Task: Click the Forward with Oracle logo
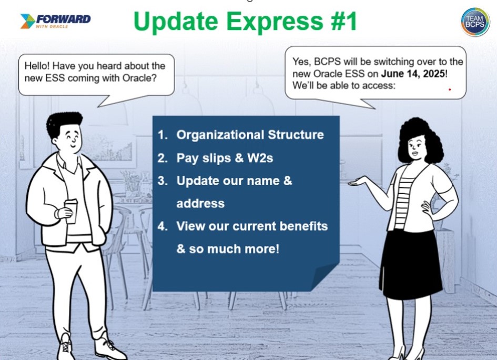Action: click(55, 21)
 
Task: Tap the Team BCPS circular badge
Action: click(475, 22)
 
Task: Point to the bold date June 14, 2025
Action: click(413, 74)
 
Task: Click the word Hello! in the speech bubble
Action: click(37, 66)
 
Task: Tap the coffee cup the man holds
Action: click(71, 211)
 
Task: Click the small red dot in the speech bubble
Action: click(450, 89)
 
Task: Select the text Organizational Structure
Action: click(250, 135)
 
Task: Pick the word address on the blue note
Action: click(200, 203)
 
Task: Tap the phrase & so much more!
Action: click(228, 248)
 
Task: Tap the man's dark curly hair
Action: click(64, 123)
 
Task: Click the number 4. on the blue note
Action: click(163, 226)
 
